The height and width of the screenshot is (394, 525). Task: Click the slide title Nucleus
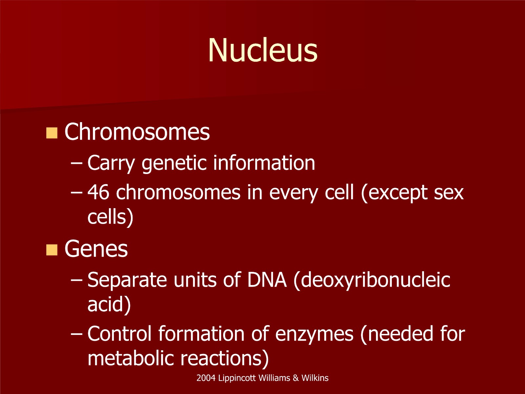pos(262,50)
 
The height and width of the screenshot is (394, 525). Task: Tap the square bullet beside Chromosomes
pos(52,133)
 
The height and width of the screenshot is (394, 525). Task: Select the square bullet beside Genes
pos(52,250)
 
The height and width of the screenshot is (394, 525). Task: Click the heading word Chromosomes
pos(137,132)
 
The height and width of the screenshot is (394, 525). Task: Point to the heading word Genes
pos(96,249)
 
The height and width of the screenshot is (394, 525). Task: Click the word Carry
pos(111,164)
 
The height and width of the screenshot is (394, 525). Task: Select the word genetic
pos(174,164)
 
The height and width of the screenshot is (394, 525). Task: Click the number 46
pos(98,192)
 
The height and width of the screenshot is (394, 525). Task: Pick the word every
pos(294,193)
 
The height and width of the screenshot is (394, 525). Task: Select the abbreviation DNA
pos(267,280)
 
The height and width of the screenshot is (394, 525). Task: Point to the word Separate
pos(127,280)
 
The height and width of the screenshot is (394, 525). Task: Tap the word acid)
pos(109,304)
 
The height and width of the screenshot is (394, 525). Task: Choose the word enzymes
pos(314,335)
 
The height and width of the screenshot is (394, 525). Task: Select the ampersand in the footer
pos(296,378)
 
